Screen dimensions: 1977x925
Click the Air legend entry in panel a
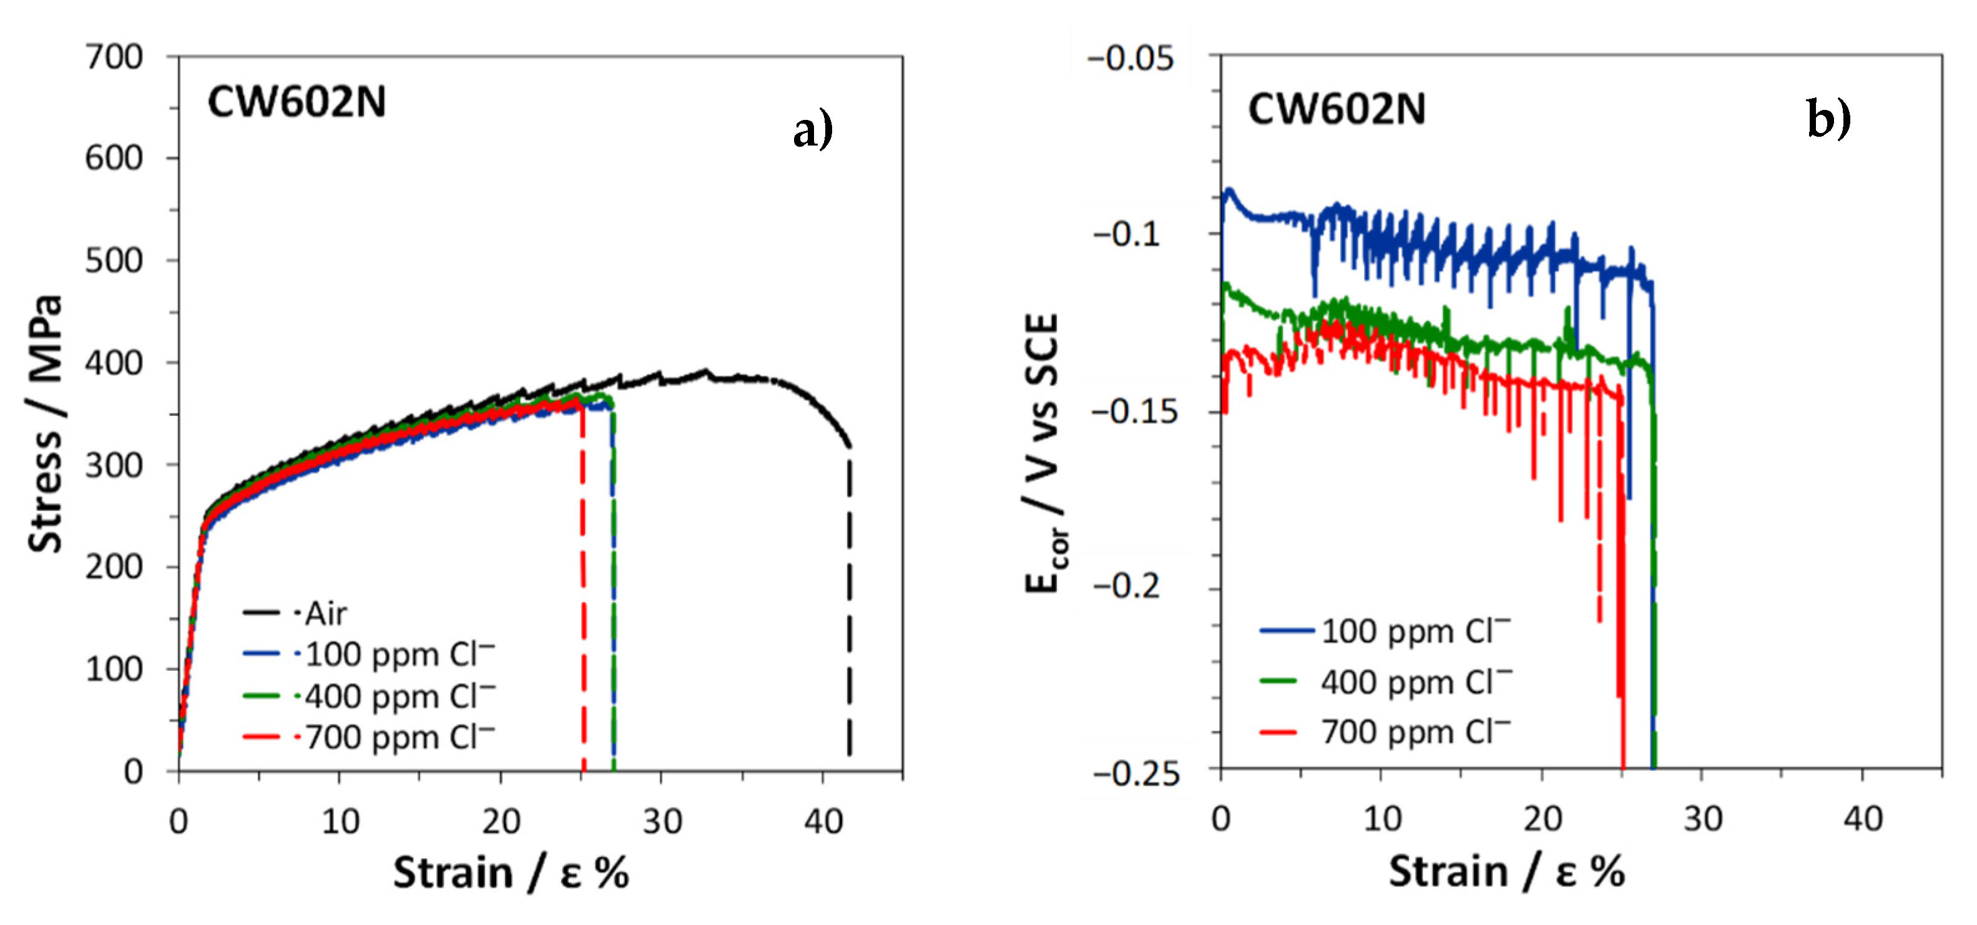295,613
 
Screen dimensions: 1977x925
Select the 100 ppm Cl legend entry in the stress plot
369,654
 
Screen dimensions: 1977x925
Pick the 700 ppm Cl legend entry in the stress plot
369,737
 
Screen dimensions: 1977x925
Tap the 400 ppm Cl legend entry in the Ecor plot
1385,681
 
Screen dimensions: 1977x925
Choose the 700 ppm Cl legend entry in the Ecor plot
1385,731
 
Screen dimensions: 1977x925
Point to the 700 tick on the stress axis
114,57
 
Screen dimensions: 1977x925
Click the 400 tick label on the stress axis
114,362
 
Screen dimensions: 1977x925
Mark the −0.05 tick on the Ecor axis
1131,57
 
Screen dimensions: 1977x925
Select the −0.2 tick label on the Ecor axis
1127,586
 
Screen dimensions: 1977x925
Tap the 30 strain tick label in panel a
662,822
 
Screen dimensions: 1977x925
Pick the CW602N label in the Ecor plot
1336,109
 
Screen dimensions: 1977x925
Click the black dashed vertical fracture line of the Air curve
849,606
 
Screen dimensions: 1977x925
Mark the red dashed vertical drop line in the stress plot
583,587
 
